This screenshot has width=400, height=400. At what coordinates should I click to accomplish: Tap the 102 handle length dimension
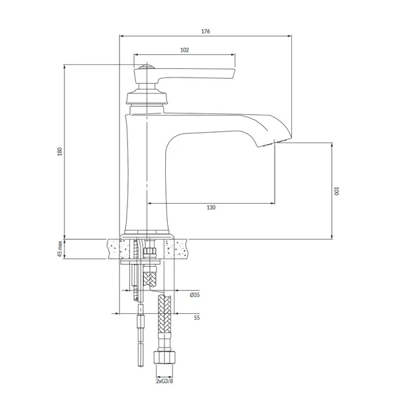point(184,50)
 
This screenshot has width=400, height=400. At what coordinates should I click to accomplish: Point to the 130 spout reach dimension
point(211,208)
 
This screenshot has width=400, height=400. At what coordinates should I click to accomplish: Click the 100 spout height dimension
point(336,191)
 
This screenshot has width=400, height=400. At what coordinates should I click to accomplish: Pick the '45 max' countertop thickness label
point(59,249)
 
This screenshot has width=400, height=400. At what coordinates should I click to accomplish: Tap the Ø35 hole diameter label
point(194,295)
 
